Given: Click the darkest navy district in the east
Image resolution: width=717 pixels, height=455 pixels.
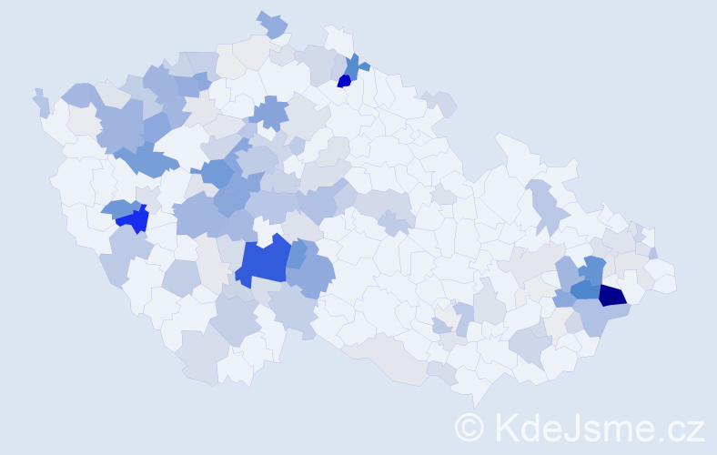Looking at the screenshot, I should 612,294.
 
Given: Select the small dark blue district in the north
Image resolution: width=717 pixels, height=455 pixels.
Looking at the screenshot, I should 344,81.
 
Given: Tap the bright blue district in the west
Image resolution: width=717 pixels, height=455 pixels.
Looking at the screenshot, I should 134,219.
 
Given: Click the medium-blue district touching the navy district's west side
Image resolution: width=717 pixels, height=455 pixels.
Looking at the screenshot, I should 585,289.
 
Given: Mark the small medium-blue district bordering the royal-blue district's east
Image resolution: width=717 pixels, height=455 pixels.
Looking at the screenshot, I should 298,254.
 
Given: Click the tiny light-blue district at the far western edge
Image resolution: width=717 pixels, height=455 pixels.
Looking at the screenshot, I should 42,103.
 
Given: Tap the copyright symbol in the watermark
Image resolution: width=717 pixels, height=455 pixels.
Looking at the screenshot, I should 470,427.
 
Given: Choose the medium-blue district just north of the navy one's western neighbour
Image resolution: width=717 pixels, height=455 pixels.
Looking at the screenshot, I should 594,270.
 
